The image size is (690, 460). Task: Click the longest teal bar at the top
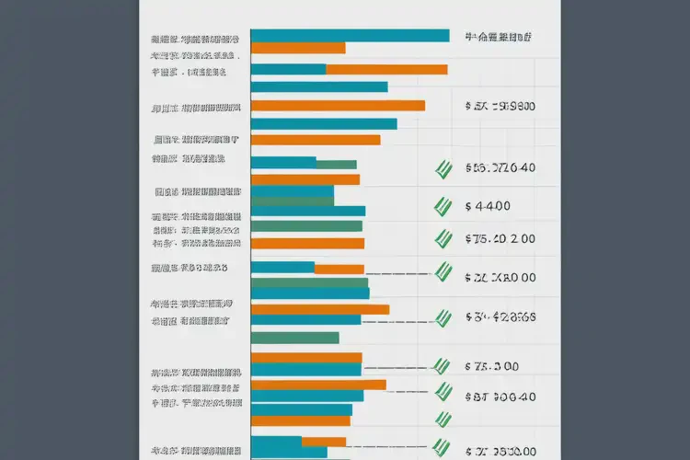[x=350, y=36]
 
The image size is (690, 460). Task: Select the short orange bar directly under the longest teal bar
[x=297, y=48]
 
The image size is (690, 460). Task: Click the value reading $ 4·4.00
[x=488, y=205]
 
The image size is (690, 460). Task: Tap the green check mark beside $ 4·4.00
[x=444, y=205]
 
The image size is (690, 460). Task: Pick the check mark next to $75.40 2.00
[x=444, y=239]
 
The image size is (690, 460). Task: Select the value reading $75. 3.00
[x=492, y=366]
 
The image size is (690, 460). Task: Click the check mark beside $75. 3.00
[x=444, y=366]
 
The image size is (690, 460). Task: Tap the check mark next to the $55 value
[x=444, y=168]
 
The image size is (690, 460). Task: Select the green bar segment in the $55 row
[x=336, y=165]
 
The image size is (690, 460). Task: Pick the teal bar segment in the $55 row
[x=282, y=162]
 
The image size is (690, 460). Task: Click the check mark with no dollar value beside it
[x=444, y=420]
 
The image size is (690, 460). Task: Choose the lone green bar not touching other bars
[x=294, y=338]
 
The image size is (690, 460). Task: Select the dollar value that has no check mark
[x=500, y=106]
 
